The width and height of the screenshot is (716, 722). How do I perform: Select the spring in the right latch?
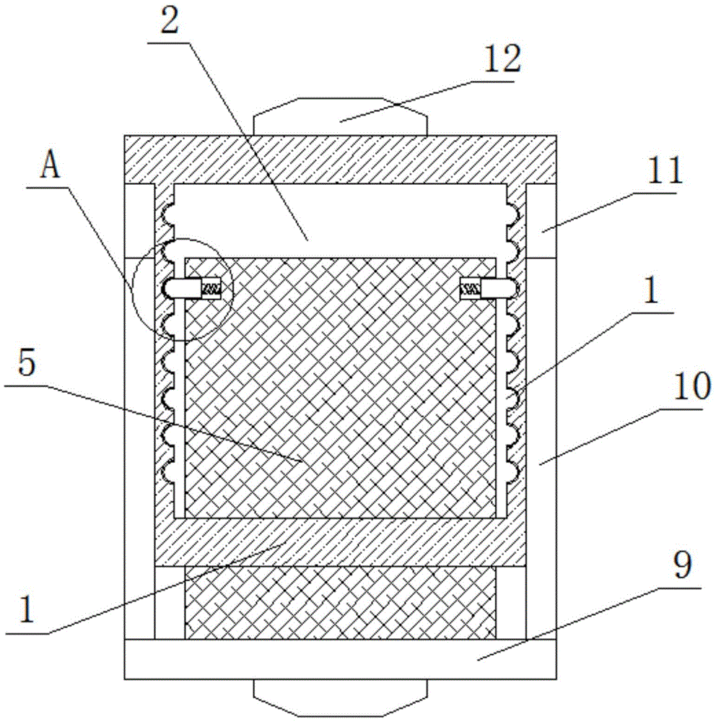coord(471,290)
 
